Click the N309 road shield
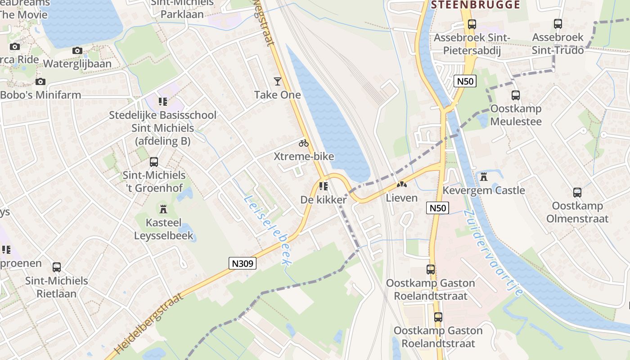242,263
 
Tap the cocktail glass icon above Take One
277,81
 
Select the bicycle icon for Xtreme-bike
304,143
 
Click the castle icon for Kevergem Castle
484,176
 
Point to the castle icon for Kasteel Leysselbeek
163,209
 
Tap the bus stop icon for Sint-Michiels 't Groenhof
154,162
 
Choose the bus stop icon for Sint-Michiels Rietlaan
57,267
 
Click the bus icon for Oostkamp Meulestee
516,95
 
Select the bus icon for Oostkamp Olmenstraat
577,193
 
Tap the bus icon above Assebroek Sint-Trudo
558,24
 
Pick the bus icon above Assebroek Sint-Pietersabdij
472,24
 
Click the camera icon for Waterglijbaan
77,50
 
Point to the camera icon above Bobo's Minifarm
40,81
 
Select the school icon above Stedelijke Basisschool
162,102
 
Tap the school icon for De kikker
323,186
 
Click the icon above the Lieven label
401,184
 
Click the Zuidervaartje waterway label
492,252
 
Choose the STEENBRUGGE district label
475,5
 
